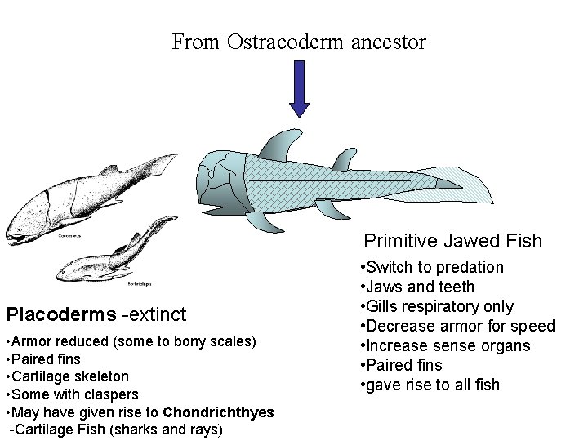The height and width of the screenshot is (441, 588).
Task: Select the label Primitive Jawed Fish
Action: (x=452, y=241)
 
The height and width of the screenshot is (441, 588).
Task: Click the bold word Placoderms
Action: (x=61, y=314)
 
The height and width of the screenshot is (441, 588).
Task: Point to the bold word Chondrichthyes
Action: (x=218, y=413)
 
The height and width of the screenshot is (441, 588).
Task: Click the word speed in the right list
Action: (x=530, y=326)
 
